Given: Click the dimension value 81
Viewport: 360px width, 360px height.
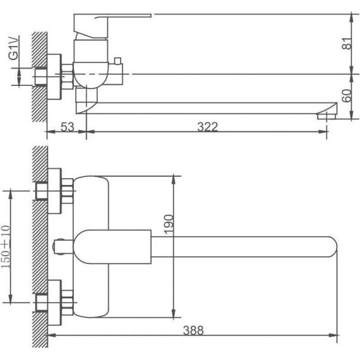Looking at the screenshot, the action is tap(347, 44).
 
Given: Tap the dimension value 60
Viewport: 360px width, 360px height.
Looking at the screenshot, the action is tap(347, 95).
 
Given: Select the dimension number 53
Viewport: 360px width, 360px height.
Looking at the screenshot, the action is tap(68, 127).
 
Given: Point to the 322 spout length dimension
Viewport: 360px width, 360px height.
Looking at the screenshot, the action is tap(207, 127).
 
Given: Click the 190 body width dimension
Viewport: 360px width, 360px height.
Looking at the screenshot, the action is tap(169, 224).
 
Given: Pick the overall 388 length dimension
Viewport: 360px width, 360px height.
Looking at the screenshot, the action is tap(193, 330).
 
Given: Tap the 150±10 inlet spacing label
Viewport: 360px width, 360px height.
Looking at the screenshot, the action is tap(6, 246).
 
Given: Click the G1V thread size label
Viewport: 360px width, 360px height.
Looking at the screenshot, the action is tap(14, 48).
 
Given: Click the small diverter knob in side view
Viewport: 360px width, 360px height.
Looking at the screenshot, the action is tap(117, 61).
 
